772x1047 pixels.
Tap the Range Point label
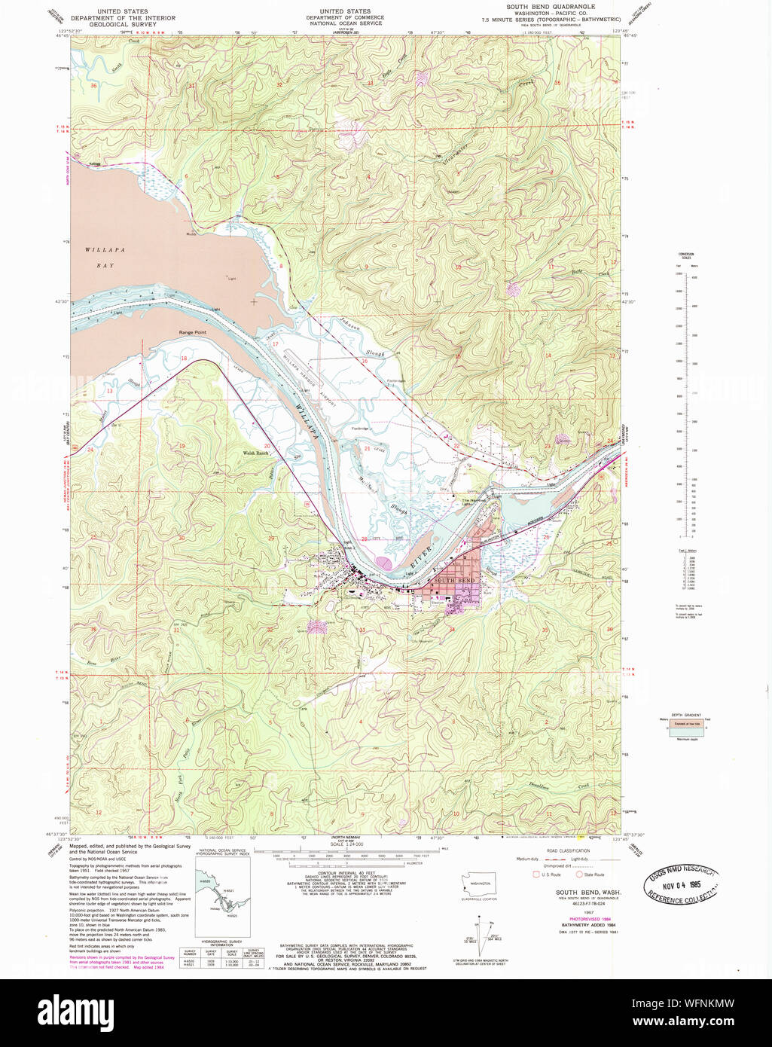192,332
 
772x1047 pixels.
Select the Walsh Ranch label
255,453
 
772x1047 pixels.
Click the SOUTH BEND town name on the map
454,581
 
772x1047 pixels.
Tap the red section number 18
184,359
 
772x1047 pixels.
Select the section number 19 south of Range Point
182,447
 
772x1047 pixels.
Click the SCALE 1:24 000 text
346,844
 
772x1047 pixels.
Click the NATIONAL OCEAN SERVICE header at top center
345,23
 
